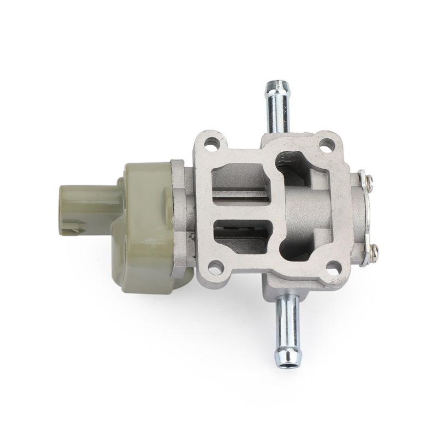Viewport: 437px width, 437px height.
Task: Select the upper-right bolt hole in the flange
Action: pyautogui.click(x=326, y=145)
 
